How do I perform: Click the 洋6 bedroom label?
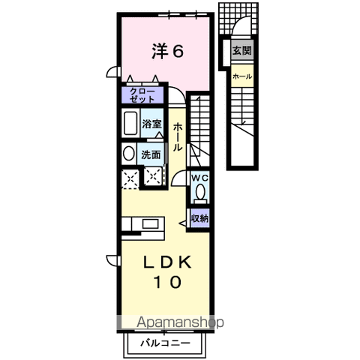pyautogui.click(x=168, y=51)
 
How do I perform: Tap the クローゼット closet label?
pyautogui.click(x=142, y=95)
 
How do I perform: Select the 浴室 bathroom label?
pyautogui.click(x=151, y=124)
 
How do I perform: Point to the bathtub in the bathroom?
pyautogui.click(x=130, y=123)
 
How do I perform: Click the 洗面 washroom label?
pyautogui.click(x=151, y=154)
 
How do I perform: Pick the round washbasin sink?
pyautogui.click(x=128, y=153)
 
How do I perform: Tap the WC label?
pyautogui.click(x=199, y=178)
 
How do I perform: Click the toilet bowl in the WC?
pyautogui.click(x=200, y=193)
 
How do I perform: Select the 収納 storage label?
pyautogui.click(x=199, y=218)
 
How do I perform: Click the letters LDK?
pyautogui.click(x=167, y=262)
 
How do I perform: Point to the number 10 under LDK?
pyautogui.click(x=167, y=282)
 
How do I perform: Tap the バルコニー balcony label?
pyautogui.click(x=165, y=343)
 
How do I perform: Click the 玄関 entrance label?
pyautogui.click(x=241, y=50)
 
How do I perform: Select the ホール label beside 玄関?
pyautogui.click(x=242, y=76)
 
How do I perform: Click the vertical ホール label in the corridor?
pyautogui.click(x=177, y=136)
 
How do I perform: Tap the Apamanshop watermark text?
pyautogui.click(x=180, y=322)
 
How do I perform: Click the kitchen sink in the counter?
pyautogui.click(x=150, y=223)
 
